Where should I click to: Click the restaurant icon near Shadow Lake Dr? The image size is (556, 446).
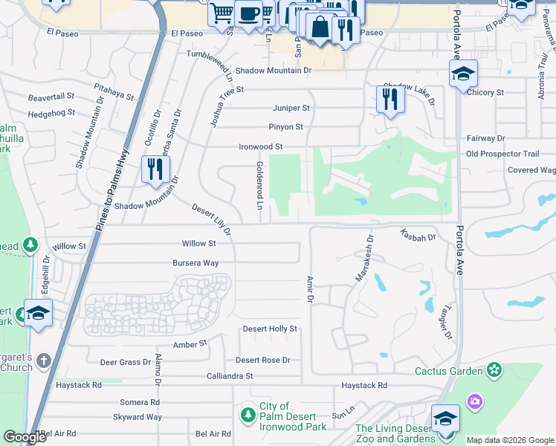point(390,98)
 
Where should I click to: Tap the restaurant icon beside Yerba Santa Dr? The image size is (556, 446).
point(154,168)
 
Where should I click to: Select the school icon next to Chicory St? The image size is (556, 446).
point(463,74)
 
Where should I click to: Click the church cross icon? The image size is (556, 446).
point(44,361)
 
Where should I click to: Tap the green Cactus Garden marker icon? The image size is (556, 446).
point(494,369)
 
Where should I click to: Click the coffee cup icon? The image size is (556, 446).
point(248,13)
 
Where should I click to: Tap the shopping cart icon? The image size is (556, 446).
point(221,12)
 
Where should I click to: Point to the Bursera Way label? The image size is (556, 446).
point(195,263)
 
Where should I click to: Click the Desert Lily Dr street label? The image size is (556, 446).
point(212,221)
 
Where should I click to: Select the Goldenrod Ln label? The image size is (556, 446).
point(259,185)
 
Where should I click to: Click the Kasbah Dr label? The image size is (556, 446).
point(418,235)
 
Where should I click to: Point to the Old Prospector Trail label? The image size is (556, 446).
point(502,154)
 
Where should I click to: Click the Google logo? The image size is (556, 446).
point(25,437)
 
